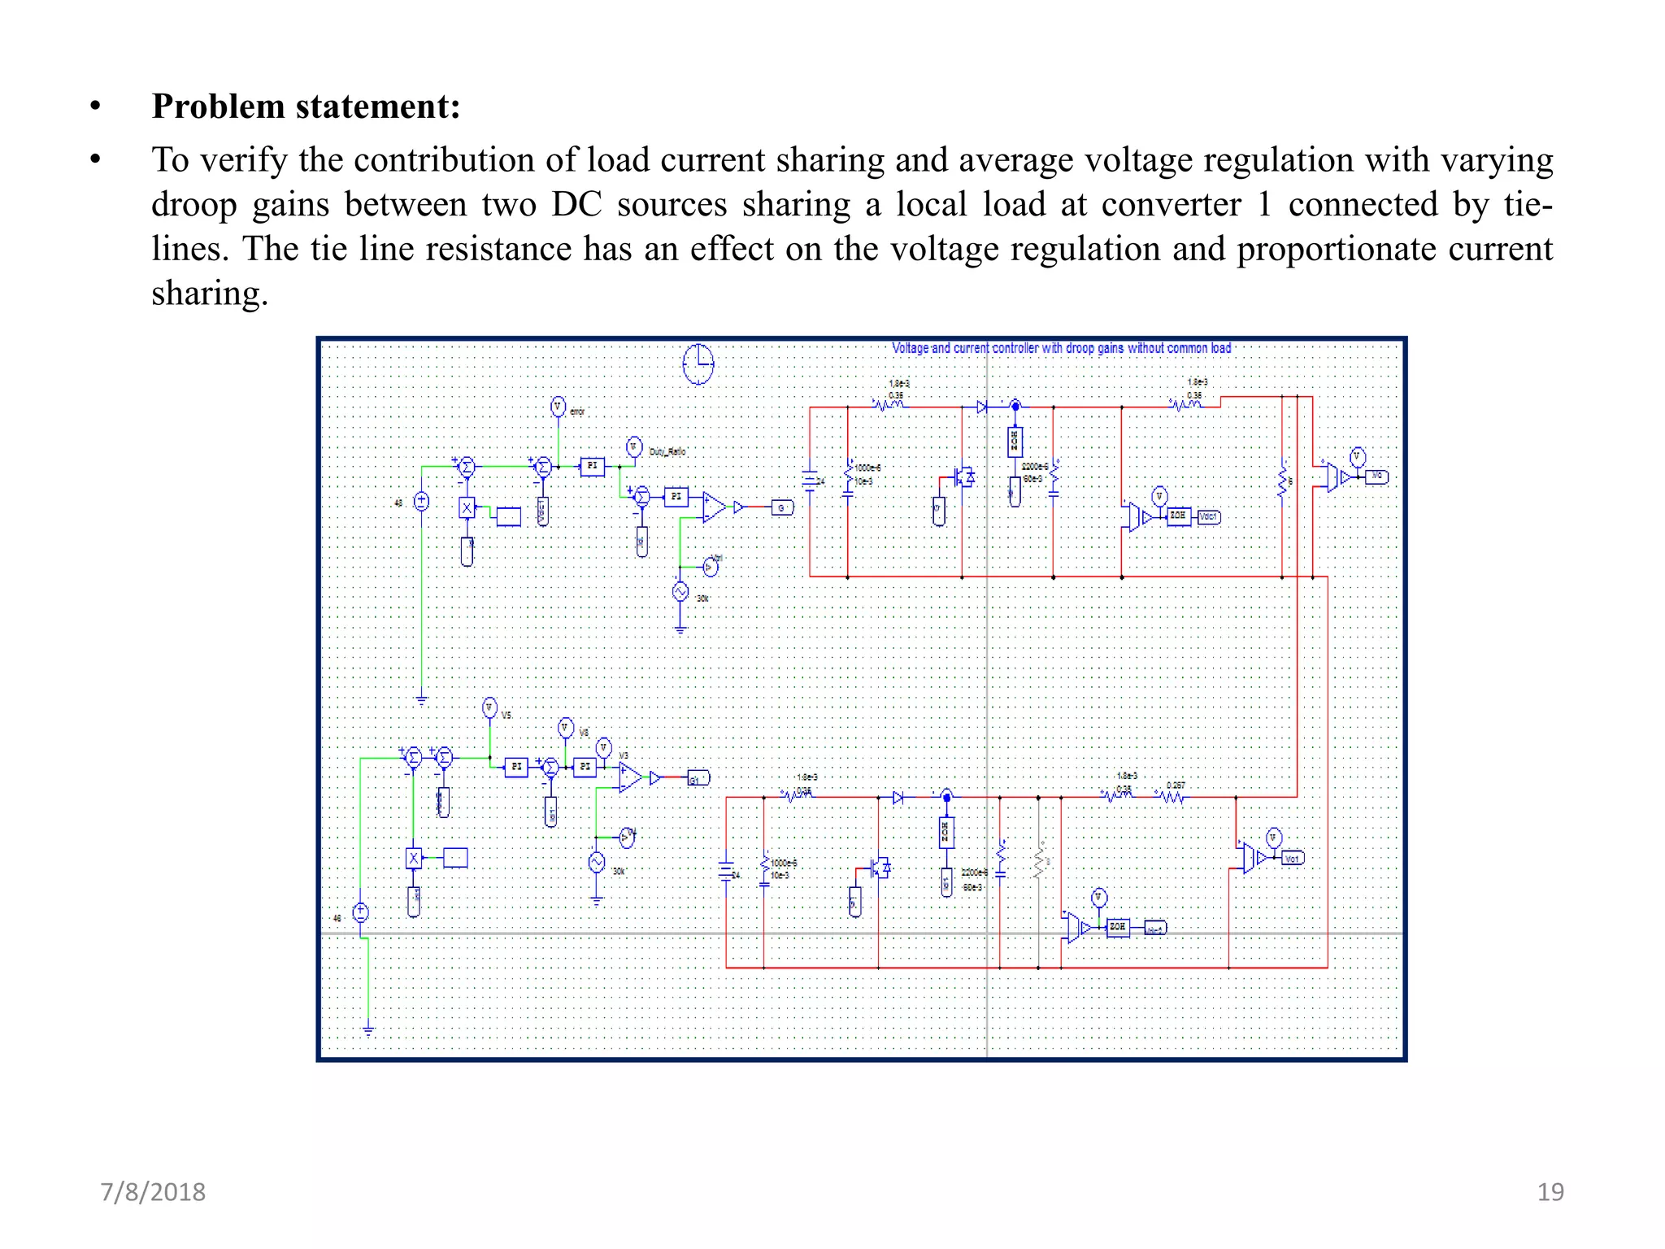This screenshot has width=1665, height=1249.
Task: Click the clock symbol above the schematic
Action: (x=698, y=363)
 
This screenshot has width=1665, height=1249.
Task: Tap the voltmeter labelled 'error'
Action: (x=558, y=407)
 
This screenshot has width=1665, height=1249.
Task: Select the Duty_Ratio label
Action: (x=667, y=452)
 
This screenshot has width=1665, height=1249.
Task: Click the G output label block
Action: (x=781, y=508)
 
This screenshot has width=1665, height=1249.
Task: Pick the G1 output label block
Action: (x=698, y=778)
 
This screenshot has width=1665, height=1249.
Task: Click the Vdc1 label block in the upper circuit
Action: (x=1209, y=516)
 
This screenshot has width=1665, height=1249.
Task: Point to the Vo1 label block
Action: (x=1292, y=858)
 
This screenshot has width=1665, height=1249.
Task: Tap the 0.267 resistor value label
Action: (x=1176, y=786)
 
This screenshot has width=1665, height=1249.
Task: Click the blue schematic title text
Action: (x=1061, y=348)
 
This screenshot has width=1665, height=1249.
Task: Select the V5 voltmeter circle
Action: (x=489, y=708)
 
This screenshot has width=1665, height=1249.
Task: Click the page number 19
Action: (x=1550, y=1192)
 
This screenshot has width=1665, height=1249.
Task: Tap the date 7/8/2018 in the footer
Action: (x=153, y=1192)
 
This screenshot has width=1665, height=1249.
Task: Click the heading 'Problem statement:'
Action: (x=306, y=107)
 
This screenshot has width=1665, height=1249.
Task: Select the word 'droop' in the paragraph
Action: (x=193, y=204)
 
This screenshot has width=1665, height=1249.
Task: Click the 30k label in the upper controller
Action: (x=702, y=598)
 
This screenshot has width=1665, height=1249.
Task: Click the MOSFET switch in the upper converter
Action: (x=963, y=477)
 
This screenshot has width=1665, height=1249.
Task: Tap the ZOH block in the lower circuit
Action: (x=1118, y=927)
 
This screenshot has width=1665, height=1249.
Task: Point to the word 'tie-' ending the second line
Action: (x=1528, y=204)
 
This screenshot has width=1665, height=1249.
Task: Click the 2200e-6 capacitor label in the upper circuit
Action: (x=1034, y=467)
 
